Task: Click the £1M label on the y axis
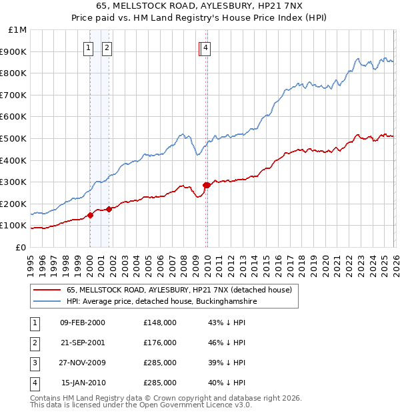[x=18, y=30]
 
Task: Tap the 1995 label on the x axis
[x=31, y=260]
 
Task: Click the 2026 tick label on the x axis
[x=395, y=260]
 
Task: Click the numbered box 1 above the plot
[x=89, y=47]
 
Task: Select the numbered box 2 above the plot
[x=107, y=47]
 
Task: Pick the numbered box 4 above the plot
[x=206, y=47]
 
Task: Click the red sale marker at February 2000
[x=90, y=215]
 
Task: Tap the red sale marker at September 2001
[x=109, y=209]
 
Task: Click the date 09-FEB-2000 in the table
[x=82, y=323]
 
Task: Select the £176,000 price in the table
[x=160, y=343]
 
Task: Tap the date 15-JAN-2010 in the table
[x=83, y=383]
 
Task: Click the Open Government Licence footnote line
[x=141, y=405]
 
